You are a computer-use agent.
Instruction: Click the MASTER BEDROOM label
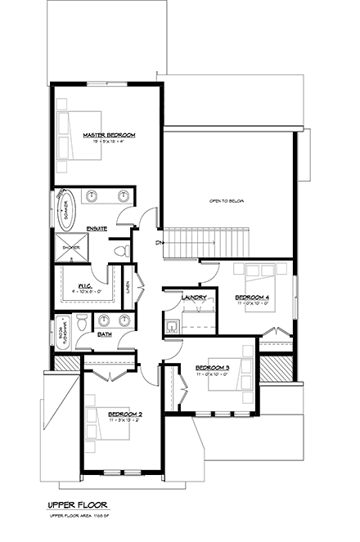pos(109,134)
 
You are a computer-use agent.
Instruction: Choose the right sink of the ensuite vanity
pos(123,195)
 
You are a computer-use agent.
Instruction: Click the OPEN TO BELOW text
pos(227,201)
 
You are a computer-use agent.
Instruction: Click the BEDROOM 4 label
pos(251,296)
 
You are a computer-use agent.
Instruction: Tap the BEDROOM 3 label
pos(212,367)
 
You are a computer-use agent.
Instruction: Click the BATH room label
pos(105,334)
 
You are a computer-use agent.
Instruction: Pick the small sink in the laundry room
pos(171,326)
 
